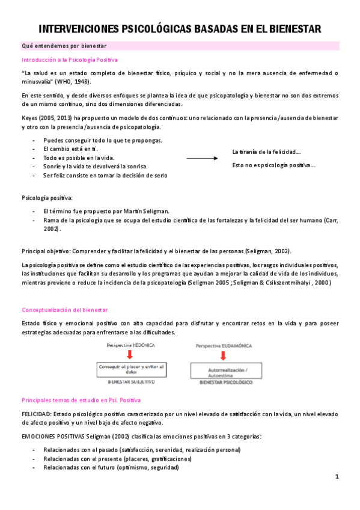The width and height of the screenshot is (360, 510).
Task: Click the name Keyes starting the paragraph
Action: tap(30, 118)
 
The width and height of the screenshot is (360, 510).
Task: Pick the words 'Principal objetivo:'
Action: tap(46, 250)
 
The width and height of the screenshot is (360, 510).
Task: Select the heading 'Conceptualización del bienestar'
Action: tap(64, 310)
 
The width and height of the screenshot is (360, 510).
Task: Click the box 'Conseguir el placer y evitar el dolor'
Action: tap(130, 369)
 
